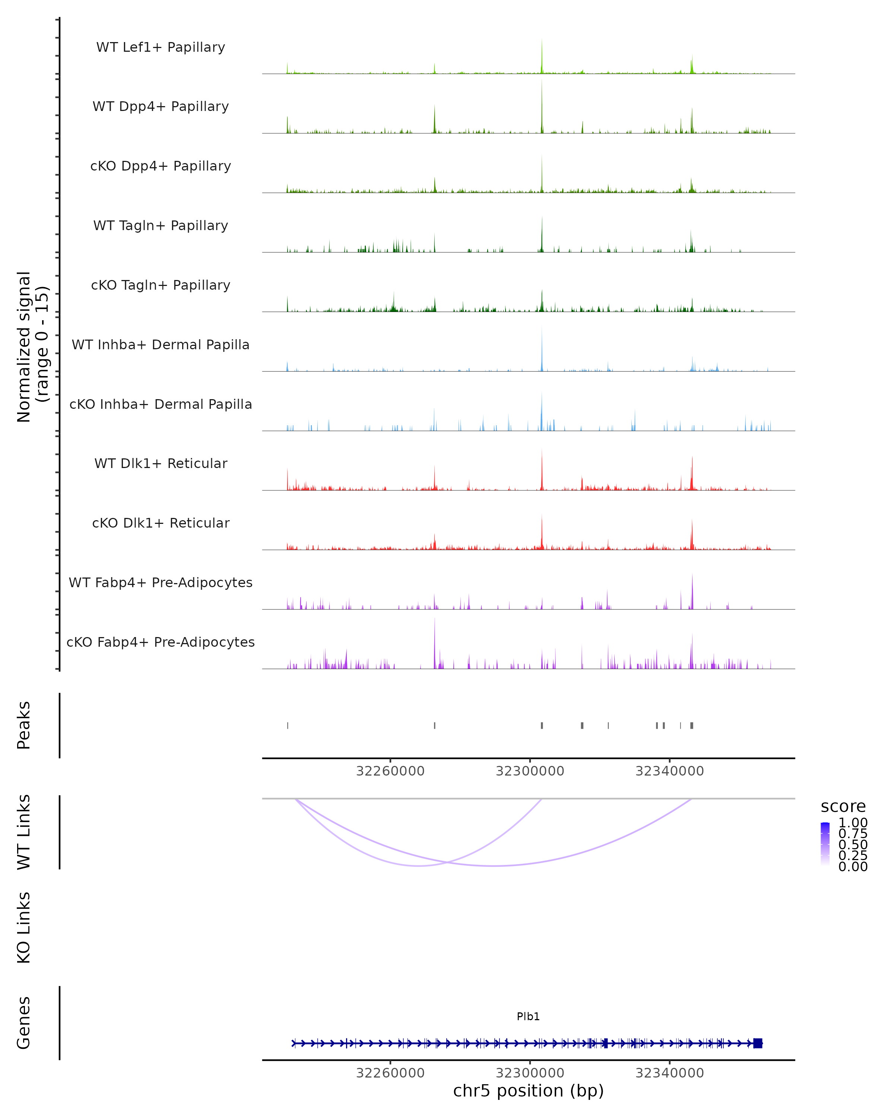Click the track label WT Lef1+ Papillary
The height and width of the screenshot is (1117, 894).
point(161,47)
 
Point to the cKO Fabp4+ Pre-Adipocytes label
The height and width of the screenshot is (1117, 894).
point(161,642)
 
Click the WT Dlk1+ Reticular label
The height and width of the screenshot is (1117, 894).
point(161,463)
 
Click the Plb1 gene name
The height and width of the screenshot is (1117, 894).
point(528,1016)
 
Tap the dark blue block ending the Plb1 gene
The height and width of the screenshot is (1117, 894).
point(758,1043)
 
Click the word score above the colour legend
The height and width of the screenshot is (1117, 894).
point(843,807)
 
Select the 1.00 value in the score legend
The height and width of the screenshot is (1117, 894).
point(853,823)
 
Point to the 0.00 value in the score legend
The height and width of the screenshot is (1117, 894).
point(853,866)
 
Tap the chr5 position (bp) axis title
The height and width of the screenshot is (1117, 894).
point(528,1091)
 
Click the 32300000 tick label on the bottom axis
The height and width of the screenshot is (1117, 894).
point(530,1073)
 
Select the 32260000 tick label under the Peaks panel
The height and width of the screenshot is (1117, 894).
point(390,771)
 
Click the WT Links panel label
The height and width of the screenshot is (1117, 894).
point(24,832)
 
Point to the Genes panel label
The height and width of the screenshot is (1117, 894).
point(24,1023)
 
